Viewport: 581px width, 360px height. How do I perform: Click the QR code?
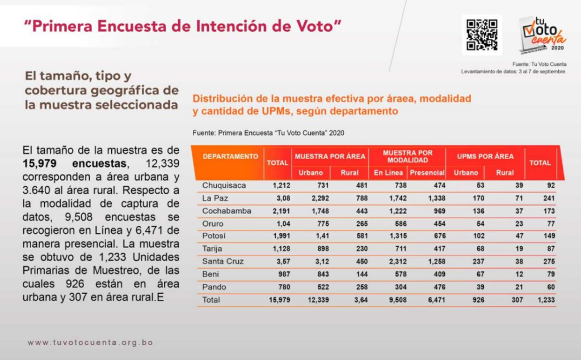[x=482, y=35]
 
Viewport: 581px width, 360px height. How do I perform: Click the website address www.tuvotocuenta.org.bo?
[x=90, y=342]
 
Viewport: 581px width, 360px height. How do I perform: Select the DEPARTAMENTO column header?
[x=230, y=156]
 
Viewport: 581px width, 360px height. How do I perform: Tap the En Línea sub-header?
[x=388, y=173]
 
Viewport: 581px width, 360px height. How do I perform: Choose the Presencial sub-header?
[x=427, y=173]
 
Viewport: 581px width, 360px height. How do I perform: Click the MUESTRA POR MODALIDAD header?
[x=407, y=156]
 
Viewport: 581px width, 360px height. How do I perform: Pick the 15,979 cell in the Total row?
[x=278, y=299]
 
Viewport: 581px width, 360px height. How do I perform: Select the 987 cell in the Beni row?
[x=283, y=274]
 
